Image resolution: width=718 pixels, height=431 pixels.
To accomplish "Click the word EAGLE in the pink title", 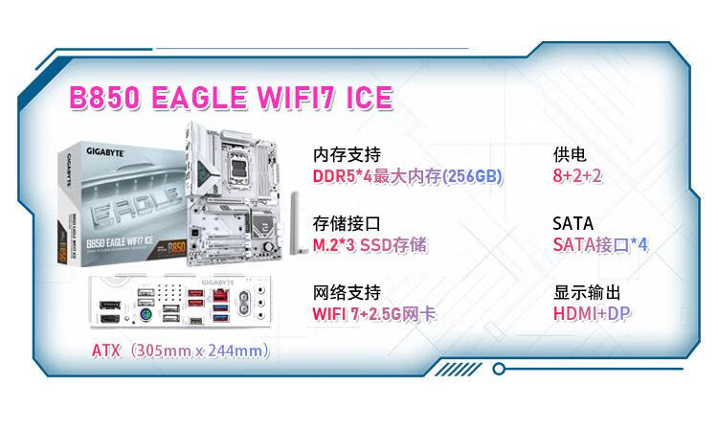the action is (199, 98).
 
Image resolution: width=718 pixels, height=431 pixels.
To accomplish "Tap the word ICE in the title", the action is (370, 98).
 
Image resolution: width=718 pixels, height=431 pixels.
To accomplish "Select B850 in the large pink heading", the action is (105, 98).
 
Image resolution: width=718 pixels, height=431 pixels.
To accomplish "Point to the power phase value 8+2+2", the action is (577, 175).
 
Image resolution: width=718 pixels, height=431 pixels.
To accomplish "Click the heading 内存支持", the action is (347, 154).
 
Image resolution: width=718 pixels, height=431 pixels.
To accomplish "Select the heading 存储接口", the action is (347, 223).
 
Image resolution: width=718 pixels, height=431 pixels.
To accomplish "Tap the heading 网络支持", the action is (347, 292).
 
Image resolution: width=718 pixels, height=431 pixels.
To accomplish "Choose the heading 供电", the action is (570, 154).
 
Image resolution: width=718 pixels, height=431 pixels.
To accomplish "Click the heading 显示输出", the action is (587, 292).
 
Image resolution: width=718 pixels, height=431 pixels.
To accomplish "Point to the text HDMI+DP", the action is (592, 314).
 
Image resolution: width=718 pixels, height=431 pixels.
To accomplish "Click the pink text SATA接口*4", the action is (600, 244).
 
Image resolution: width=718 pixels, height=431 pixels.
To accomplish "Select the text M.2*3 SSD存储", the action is (370, 245).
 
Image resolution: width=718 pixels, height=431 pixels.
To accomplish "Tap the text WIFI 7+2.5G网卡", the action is (374, 314).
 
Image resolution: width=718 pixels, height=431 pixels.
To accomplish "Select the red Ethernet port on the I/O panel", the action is (221, 295).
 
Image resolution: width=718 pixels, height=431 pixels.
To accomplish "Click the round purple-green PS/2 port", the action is (146, 315).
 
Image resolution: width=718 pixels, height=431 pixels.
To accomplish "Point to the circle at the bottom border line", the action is (499, 368).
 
